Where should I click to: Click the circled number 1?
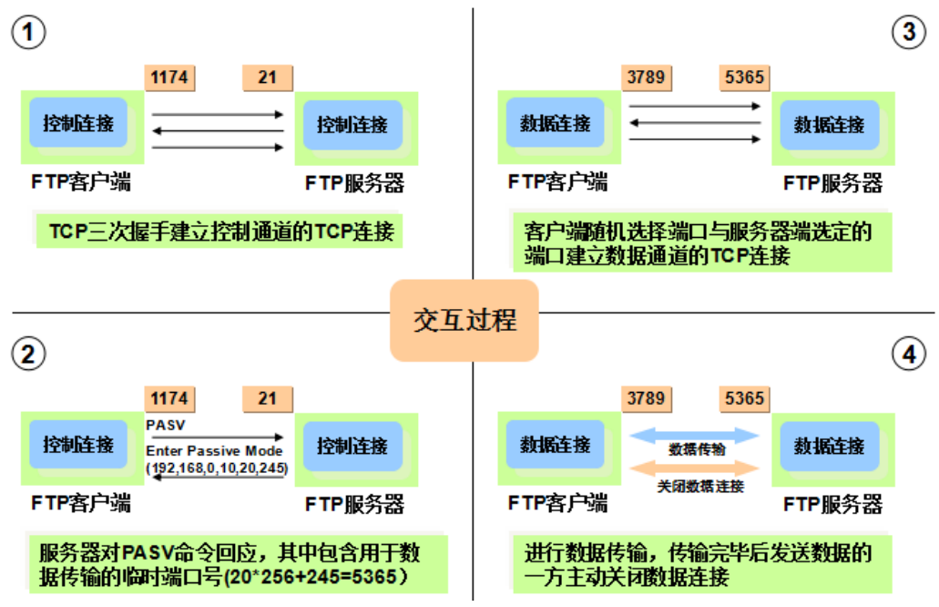pyautogui.click(x=28, y=34)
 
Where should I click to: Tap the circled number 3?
pyautogui.click(x=908, y=34)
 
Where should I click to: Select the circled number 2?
pyautogui.click(x=28, y=355)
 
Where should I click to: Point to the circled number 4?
pyautogui.click(x=908, y=355)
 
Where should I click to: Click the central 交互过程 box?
pyautogui.click(x=464, y=320)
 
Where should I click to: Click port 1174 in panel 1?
pyautogui.click(x=170, y=77)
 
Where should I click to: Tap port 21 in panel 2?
pyautogui.click(x=267, y=399)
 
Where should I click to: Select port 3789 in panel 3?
pyautogui.click(x=646, y=77)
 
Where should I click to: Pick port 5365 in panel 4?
pyautogui.click(x=744, y=399)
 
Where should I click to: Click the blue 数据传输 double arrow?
pyautogui.click(x=694, y=436)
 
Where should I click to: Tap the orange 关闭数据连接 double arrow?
pyautogui.click(x=694, y=468)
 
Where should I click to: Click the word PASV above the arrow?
pyautogui.click(x=165, y=424)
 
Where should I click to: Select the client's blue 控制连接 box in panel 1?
pyautogui.click(x=78, y=123)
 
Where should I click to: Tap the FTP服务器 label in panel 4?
pyautogui.click(x=832, y=504)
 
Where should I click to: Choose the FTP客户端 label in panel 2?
pyautogui.click(x=80, y=503)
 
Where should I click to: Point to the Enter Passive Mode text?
pyautogui.click(x=215, y=451)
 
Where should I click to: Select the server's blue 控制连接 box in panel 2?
pyautogui.click(x=352, y=447)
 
